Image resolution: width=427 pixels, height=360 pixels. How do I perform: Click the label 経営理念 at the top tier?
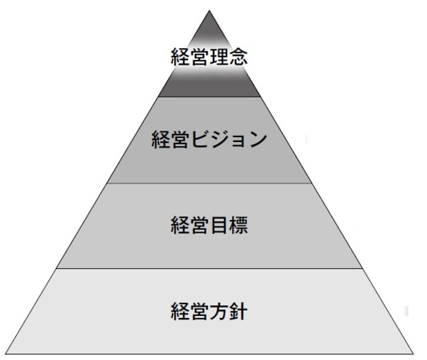[x=209, y=56]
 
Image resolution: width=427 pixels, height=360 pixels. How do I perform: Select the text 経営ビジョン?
[x=209, y=140]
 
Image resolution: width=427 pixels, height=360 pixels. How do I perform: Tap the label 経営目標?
[x=209, y=225]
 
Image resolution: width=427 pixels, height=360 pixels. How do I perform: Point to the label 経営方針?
[x=209, y=311]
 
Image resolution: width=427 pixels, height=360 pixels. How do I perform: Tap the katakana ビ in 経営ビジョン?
[x=200, y=140]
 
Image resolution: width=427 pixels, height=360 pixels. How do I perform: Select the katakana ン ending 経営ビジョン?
[x=258, y=140]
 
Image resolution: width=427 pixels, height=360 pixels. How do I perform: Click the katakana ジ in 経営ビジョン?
[x=220, y=140]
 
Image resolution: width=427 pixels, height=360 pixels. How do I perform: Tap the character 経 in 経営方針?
[x=181, y=311]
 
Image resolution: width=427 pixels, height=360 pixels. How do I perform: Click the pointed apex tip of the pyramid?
[x=209, y=11]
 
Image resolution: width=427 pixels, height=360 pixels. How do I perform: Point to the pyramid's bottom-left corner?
[x=5, y=354]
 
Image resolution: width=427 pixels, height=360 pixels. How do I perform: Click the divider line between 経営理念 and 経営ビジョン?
[x=209, y=97]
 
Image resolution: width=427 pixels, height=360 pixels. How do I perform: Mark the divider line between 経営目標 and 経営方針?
[x=209, y=269]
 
